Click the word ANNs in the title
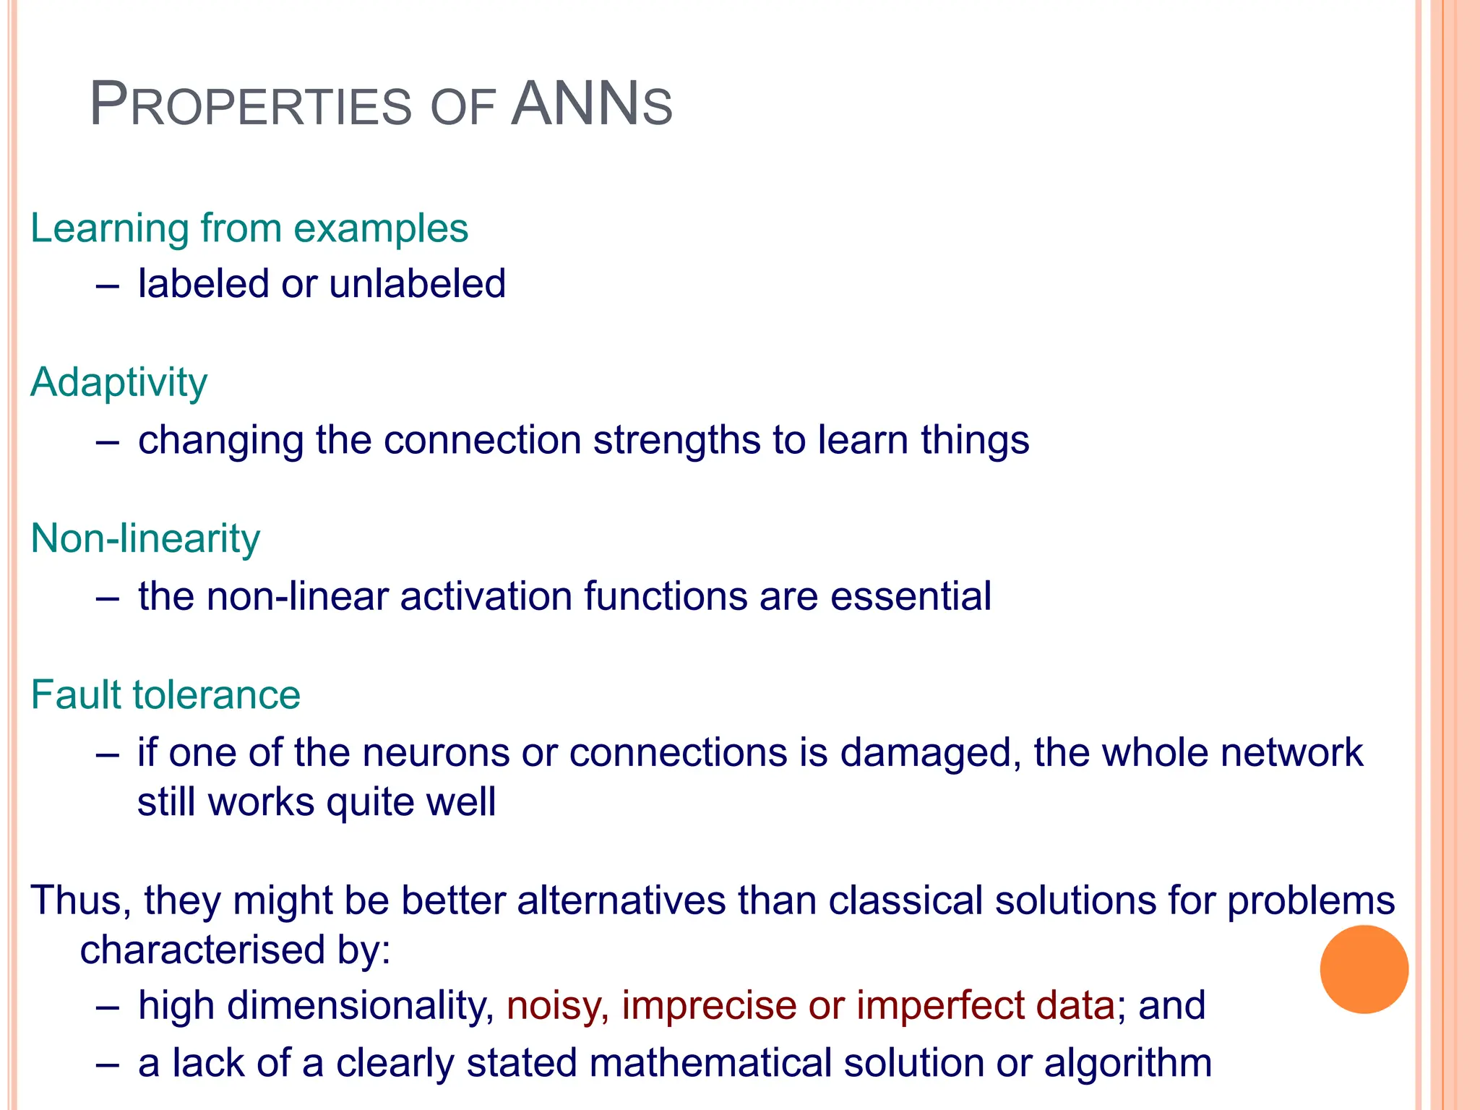591,106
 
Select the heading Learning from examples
249,228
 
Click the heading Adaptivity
119,383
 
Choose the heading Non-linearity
145,539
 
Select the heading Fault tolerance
165,695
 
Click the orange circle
1364,969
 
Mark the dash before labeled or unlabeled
107,285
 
